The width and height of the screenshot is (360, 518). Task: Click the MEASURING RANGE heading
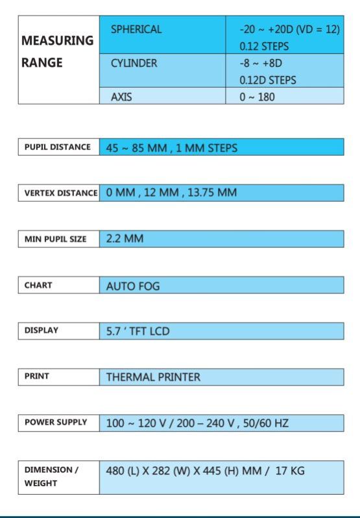pyautogui.click(x=58, y=52)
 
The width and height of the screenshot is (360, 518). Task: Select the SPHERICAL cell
pyautogui.click(x=136, y=30)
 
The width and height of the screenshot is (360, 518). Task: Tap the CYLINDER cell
pyautogui.click(x=134, y=64)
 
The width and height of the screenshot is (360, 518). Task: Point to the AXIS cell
pyautogui.click(x=122, y=97)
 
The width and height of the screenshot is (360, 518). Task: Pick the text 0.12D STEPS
pyautogui.click(x=268, y=80)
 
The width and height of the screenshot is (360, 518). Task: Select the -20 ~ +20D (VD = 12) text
pyautogui.click(x=289, y=30)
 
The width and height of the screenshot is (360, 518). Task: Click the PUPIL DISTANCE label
pyautogui.click(x=57, y=147)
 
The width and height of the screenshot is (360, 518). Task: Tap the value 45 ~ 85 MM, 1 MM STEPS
pyautogui.click(x=172, y=147)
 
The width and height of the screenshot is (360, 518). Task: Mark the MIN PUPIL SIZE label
pyautogui.click(x=55, y=239)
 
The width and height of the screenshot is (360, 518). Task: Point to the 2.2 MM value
pyautogui.click(x=125, y=239)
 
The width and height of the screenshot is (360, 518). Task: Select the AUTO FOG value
pyautogui.click(x=133, y=286)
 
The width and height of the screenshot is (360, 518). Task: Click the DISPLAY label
pyautogui.click(x=42, y=330)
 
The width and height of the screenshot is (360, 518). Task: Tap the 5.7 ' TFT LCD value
pyautogui.click(x=138, y=331)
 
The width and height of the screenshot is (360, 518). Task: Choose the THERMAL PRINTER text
pyautogui.click(x=153, y=376)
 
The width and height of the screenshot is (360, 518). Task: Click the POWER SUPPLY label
pyautogui.click(x=55, y=423)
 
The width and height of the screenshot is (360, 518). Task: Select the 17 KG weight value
pyautogui.click(x=289, y=470)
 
